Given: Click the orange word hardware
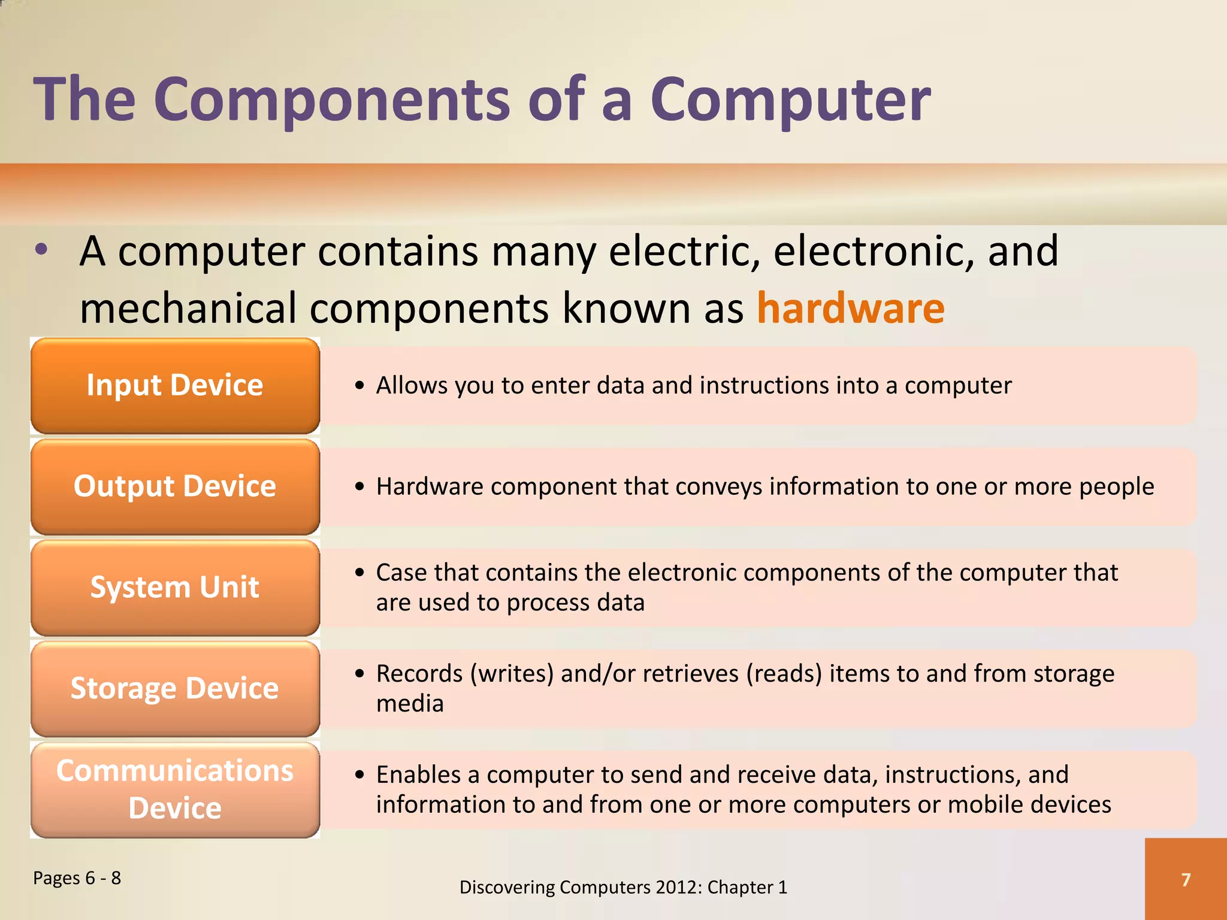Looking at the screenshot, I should point(850,308).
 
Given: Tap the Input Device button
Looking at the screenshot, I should point(175,385).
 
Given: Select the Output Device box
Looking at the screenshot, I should point(175,486).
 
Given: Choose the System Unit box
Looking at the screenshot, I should point(175,588).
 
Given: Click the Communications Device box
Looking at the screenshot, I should point(175,789).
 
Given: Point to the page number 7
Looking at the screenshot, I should point(1186,879).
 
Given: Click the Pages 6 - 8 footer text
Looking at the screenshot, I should point(77,878).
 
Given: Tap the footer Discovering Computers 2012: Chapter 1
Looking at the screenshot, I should point(623,887).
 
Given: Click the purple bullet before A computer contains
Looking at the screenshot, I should point(41,250).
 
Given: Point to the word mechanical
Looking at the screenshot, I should point(188,308).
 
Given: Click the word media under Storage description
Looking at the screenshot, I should point(410,704).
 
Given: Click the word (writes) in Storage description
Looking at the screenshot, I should point(512,674).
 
